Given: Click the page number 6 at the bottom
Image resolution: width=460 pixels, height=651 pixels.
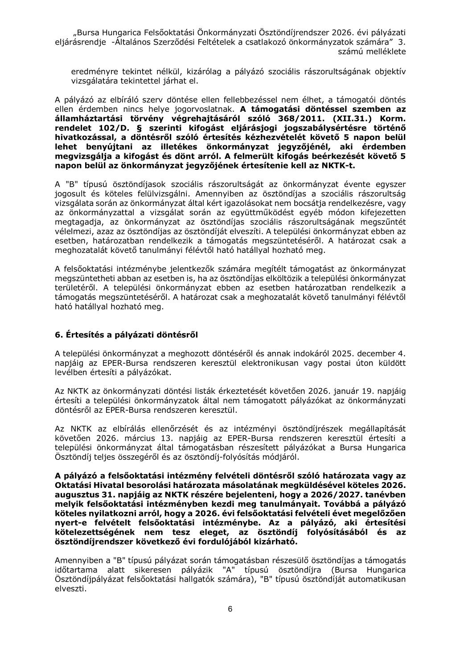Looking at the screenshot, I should point(230,609).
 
